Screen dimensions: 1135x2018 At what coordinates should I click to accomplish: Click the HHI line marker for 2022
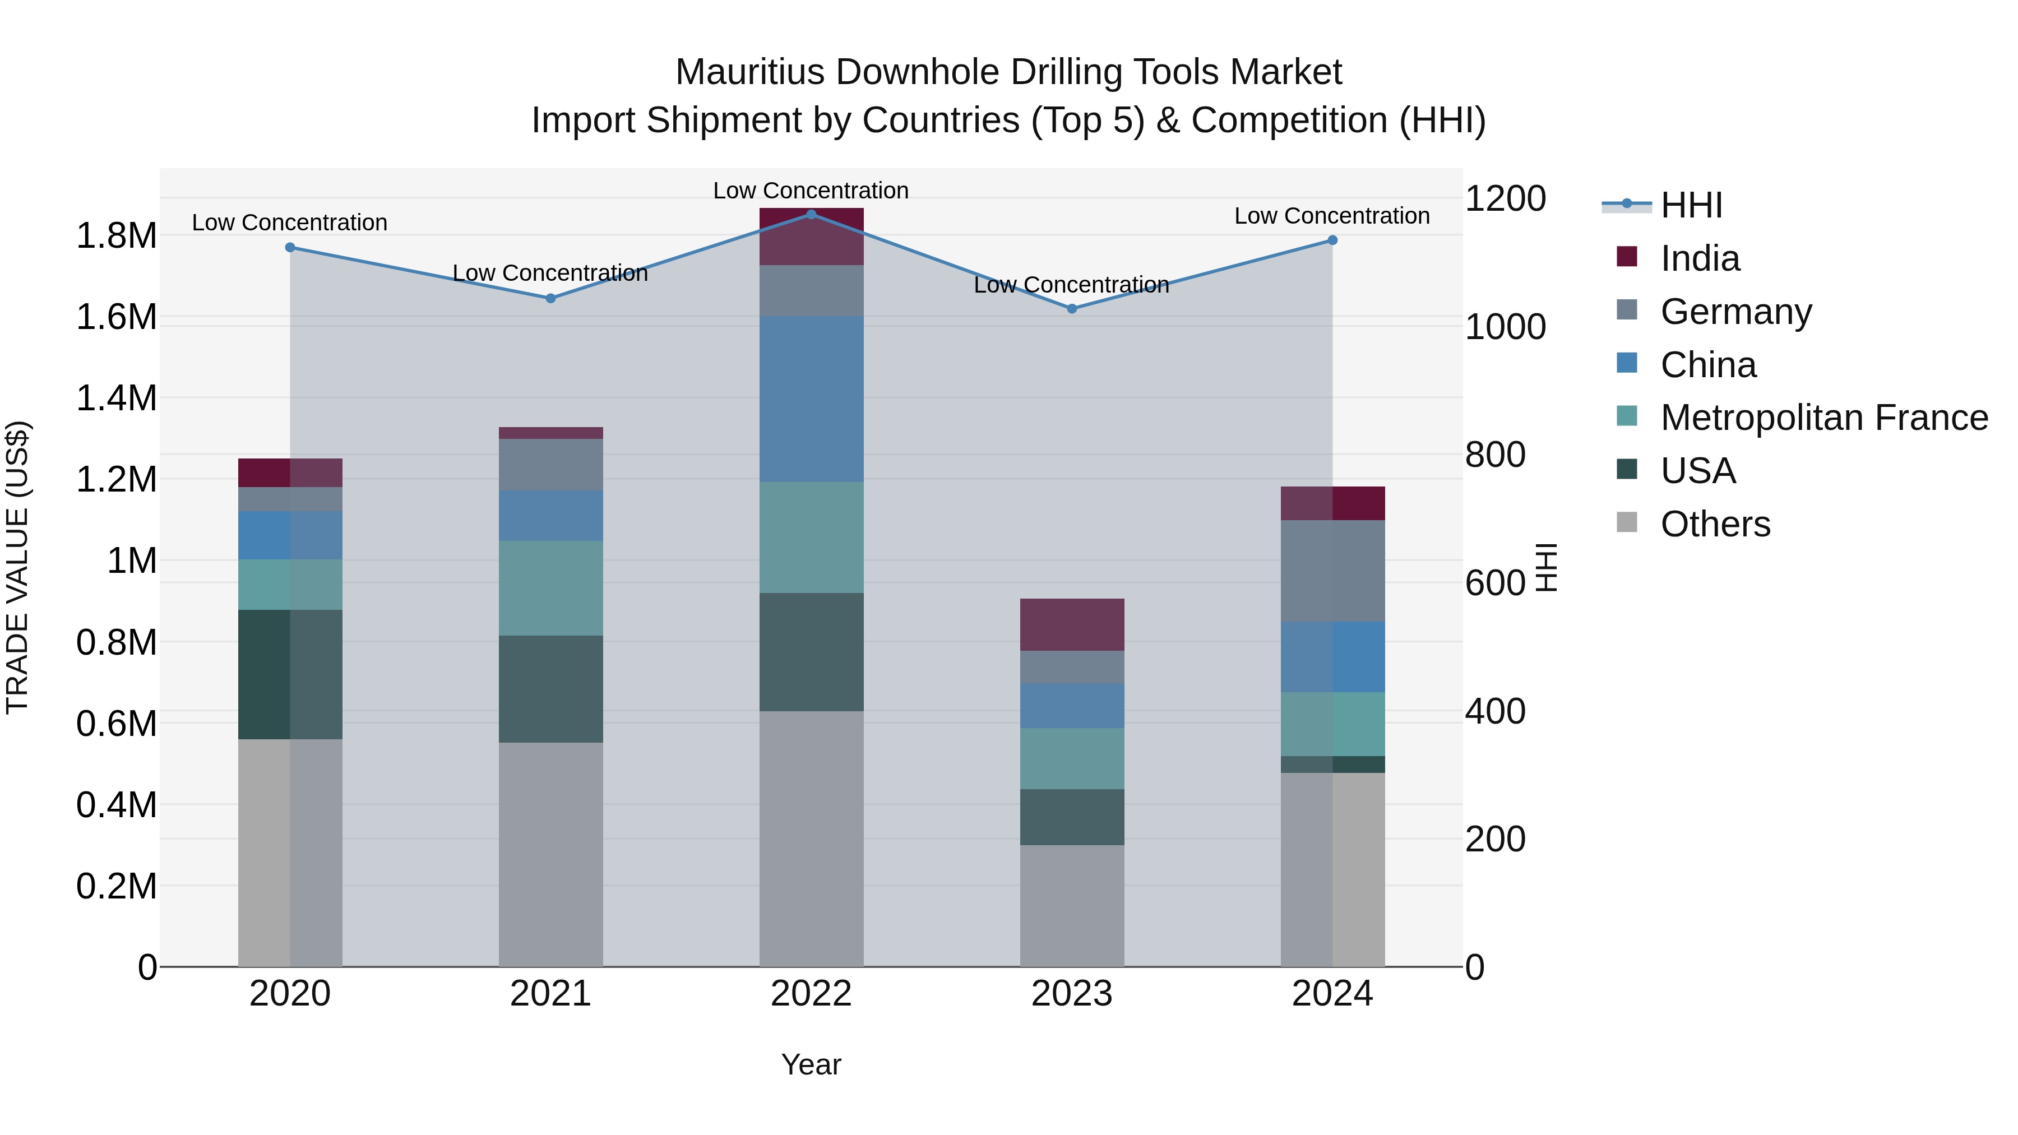tap(811, 214)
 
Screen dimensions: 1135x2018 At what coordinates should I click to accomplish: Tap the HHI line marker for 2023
tap(1072, 309)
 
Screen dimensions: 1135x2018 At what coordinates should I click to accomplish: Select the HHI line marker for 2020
tap(290, 248)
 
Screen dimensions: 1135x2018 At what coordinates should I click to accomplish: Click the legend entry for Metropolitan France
tap(1823, 418)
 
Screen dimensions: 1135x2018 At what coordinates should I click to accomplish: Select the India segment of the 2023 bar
tap(1072, 624)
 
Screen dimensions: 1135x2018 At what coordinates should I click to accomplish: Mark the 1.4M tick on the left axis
tap(116, 398)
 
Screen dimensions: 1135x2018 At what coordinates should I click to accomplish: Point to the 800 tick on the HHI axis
tap(1494, 455)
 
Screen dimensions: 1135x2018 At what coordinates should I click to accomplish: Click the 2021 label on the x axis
tap(550, 994)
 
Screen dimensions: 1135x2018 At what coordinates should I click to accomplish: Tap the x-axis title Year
tap(811, 1064)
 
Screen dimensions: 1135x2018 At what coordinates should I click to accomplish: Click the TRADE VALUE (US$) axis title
tap(17, 567)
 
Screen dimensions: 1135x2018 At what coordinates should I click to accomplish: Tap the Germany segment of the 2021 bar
tap(550, 465)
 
